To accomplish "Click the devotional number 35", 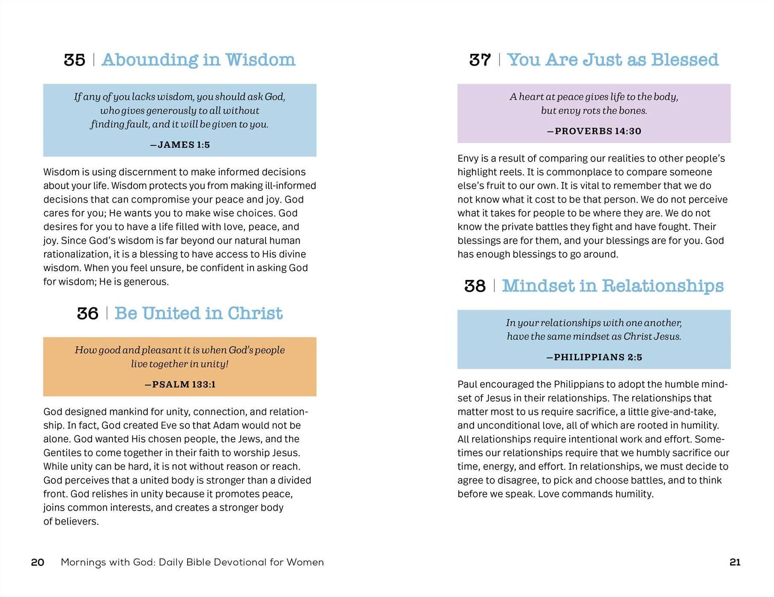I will click(75, 60).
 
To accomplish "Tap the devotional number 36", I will click(87, 313).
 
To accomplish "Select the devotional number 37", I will click(480, 60).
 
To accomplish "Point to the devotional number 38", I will click(475, 286).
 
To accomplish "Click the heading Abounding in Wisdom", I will click(198, 60).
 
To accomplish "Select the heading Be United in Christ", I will click(198, 313).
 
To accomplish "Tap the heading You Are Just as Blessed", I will click(613, 60).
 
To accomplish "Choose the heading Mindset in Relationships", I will click(613, 286).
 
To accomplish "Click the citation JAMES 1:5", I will click(180, 145).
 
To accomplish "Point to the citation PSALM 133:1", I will click(180, 384).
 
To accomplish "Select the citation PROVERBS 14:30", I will click(594, 131).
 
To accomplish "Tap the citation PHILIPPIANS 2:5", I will click(594, 357).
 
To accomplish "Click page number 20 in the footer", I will click(38, 562).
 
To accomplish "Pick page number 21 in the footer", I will click(735, 562).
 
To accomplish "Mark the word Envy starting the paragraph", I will click(468, 158).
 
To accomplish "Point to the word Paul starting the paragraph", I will click(468, 384).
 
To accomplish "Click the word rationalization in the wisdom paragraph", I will click(77, 254).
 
